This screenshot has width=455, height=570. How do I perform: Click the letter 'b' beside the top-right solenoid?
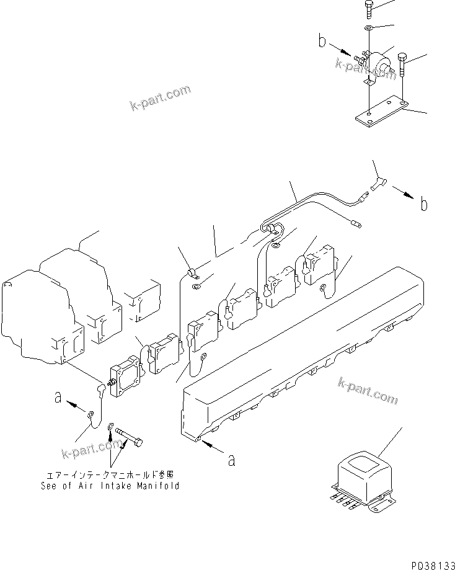(322, 42)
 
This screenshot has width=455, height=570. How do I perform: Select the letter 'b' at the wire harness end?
(423, 205)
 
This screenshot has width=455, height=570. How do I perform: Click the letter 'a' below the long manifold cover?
(231, 460)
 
